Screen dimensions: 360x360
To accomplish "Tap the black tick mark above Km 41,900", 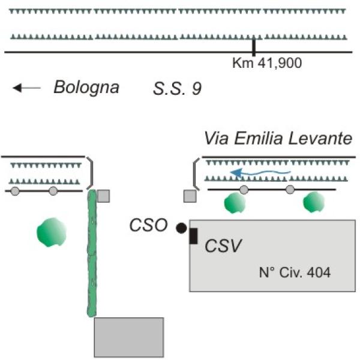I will coord(254,47).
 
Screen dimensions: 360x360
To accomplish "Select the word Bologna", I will coord(86,88).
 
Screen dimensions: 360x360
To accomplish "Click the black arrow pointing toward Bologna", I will coord(26,88).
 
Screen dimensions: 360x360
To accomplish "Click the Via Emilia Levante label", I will coord(277,138).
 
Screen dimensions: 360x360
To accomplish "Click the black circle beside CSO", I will coord(181,227).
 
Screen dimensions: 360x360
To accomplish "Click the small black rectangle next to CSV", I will coord(194,236).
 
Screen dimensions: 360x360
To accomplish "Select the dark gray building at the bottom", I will coord(129,337).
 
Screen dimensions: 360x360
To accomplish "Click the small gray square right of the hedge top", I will coord(104,196).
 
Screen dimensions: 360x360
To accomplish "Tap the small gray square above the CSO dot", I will coord(190,196).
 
